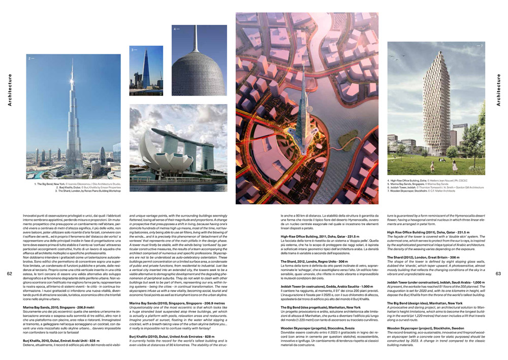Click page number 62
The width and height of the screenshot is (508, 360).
10,274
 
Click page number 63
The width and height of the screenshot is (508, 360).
498,274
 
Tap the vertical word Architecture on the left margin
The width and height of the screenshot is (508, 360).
10,91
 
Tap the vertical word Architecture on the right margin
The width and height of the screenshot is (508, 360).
498,91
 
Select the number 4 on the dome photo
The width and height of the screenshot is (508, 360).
175,29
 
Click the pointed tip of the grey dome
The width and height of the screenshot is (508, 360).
193,26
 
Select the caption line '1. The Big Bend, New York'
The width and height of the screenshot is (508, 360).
76,183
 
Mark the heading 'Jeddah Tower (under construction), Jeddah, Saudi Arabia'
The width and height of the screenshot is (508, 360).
436,282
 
